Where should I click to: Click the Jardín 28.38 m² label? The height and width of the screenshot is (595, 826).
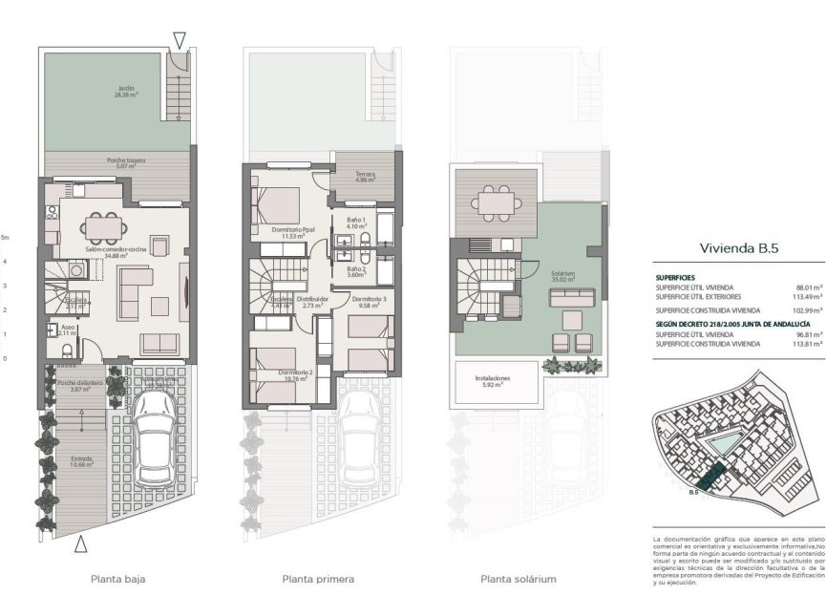tap(121, 94)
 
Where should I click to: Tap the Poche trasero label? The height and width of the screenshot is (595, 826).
tap(125, 164)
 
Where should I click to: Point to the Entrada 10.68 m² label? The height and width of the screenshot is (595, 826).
tap(82, 463)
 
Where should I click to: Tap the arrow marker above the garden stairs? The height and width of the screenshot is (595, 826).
tap(179, 40)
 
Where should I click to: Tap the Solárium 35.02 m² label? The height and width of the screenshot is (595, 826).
tap(562, 277)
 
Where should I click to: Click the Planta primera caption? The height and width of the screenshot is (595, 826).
tap(318, 579)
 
